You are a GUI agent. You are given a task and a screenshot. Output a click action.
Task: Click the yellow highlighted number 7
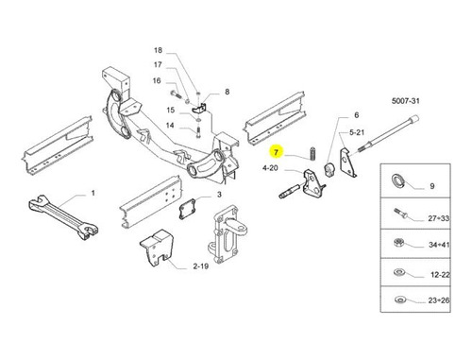click(x=276, y=152)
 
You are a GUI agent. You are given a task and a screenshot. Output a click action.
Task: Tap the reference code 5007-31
click(x=405, y=101)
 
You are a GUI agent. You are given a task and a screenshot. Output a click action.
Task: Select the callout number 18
click(x=158, y=50)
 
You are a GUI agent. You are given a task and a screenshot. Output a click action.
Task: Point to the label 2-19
click(x=201, y=266)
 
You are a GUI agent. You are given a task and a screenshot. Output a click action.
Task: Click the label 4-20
click(x=270, y=168)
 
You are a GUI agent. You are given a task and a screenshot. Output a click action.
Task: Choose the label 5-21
click(x=357, y=132)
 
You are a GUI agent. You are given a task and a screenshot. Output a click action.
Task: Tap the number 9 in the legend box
click(x=432, y=186)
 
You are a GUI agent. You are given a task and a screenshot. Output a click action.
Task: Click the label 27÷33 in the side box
click(x=438, y=218)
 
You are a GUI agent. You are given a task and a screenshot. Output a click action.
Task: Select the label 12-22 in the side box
click(x=440, y=275)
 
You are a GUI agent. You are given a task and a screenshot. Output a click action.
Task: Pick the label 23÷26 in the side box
click(x=439, y=300)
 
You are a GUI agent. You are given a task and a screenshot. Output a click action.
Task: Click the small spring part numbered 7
click(x=313, y=153)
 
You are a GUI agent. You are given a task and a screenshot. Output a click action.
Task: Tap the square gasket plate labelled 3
click(x=188, y=209)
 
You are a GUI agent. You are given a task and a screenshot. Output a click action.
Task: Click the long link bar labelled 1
click(x=62, y=217)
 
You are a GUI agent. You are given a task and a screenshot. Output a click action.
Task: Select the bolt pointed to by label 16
click(x=177, y=94)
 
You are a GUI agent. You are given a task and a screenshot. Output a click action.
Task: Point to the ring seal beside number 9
click(x=398, y=181)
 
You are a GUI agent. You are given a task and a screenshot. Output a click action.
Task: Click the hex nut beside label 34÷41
click(x=398, y=243)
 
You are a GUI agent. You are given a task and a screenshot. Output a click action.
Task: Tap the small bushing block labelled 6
click(x=329, y=170)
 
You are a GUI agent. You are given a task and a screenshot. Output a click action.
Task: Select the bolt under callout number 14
click(x=198, y=131)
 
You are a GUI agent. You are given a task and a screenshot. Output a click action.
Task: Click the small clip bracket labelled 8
click(x=199, y=108)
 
